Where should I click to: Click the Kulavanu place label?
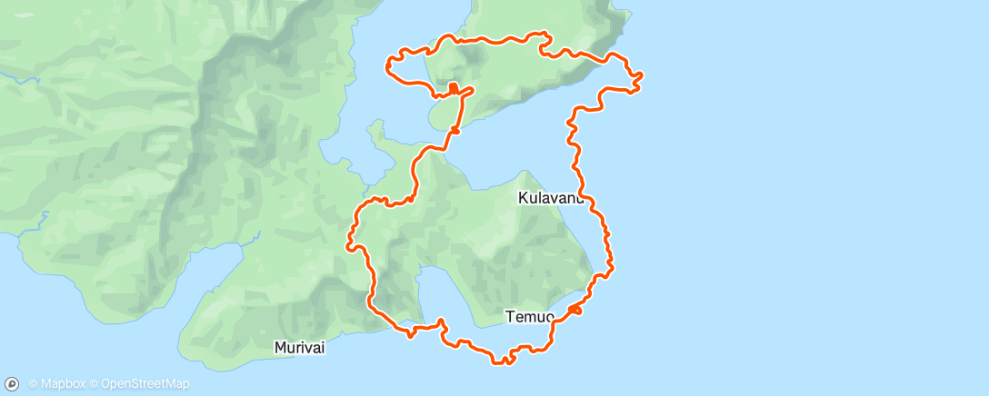click(x=551, y=197)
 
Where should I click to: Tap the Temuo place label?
click(x=529, y=316)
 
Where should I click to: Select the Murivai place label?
click(x=300, y=347)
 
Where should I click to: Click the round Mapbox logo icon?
click(x=12, y=383)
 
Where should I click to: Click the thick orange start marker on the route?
click(x=453, y=88)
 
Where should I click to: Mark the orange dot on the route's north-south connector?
click(x=454, y=131)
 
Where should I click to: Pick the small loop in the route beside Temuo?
click(x=574, y=311)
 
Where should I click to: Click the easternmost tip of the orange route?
click(x=642, y=75)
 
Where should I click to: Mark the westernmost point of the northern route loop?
click(x=388, y=64)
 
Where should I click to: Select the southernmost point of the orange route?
click(x=502, y=361)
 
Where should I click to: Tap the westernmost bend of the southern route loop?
click(x=349, y=243)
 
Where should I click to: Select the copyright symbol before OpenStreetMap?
click(x=94, y=384)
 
